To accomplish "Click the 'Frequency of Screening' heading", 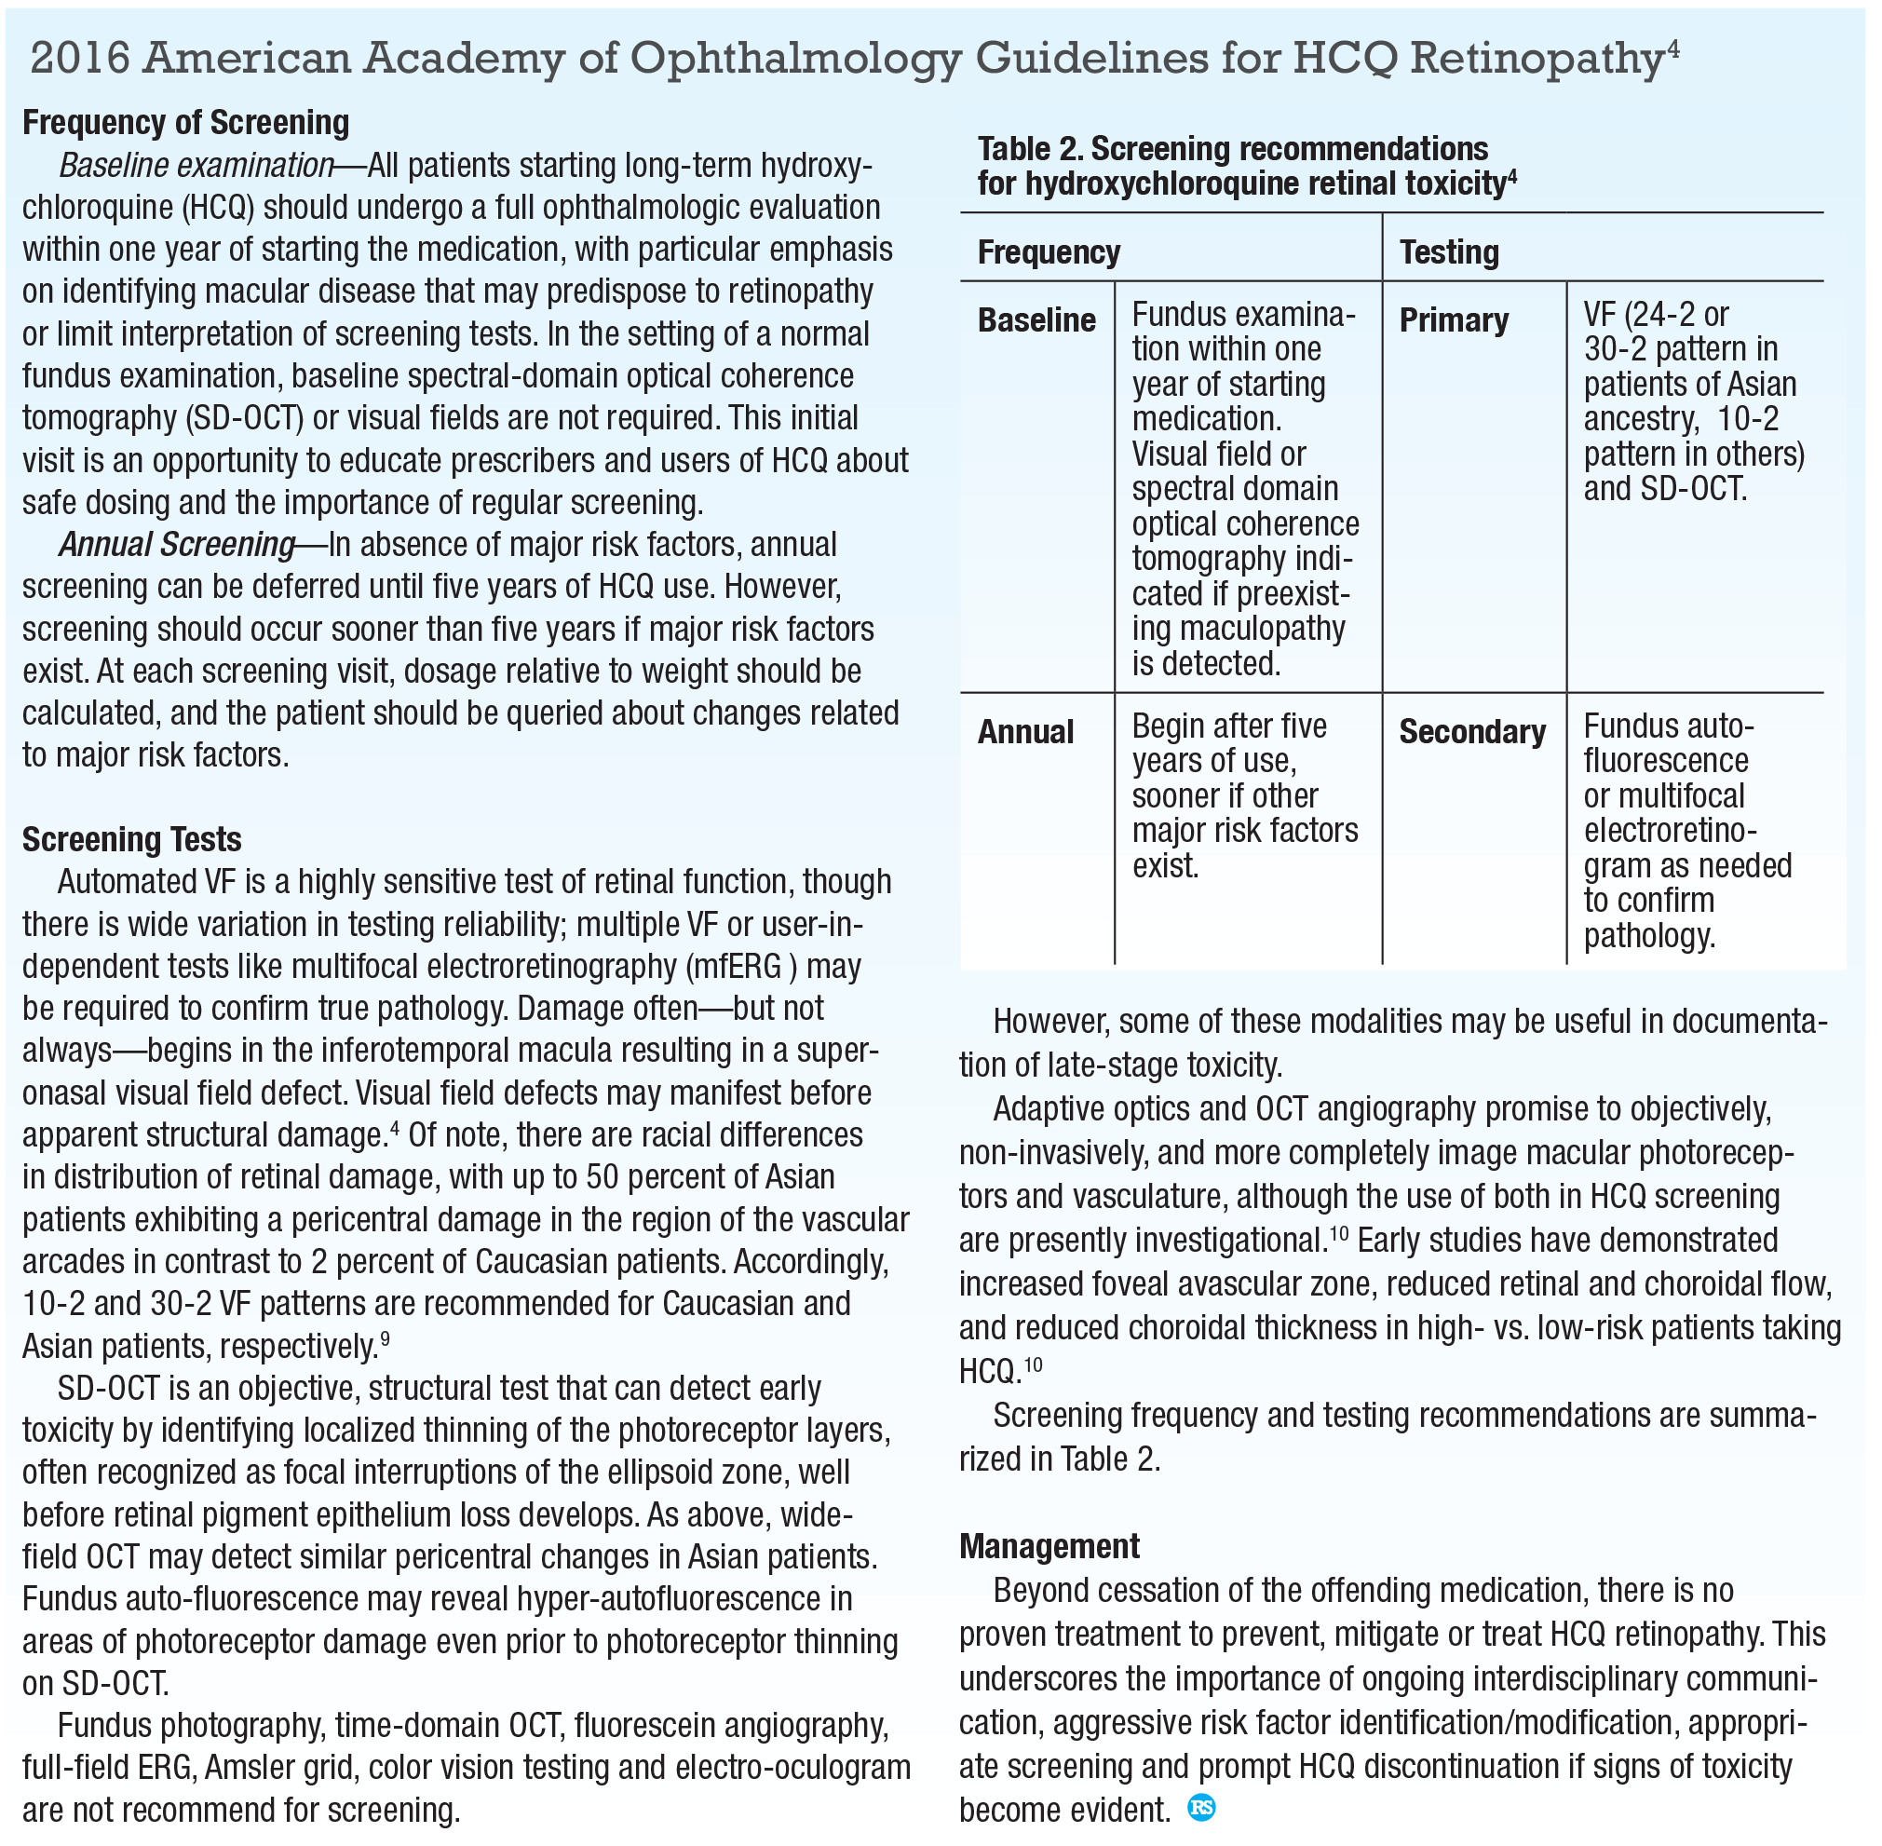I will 185,123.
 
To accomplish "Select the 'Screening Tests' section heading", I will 132,839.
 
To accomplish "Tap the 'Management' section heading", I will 1049,1546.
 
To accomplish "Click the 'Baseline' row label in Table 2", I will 1036,320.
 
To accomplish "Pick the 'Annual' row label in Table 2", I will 1025,732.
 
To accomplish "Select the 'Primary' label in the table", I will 1453,320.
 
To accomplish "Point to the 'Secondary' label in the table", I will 1471,732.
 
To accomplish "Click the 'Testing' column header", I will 1449,252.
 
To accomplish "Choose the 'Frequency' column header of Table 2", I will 1049,252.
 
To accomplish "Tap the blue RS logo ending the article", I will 1200,1808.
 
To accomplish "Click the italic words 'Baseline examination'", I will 196,166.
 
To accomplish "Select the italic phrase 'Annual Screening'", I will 177,545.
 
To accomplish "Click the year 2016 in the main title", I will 80,58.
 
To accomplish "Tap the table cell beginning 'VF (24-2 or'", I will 1693,401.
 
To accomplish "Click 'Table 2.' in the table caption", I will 1029,149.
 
